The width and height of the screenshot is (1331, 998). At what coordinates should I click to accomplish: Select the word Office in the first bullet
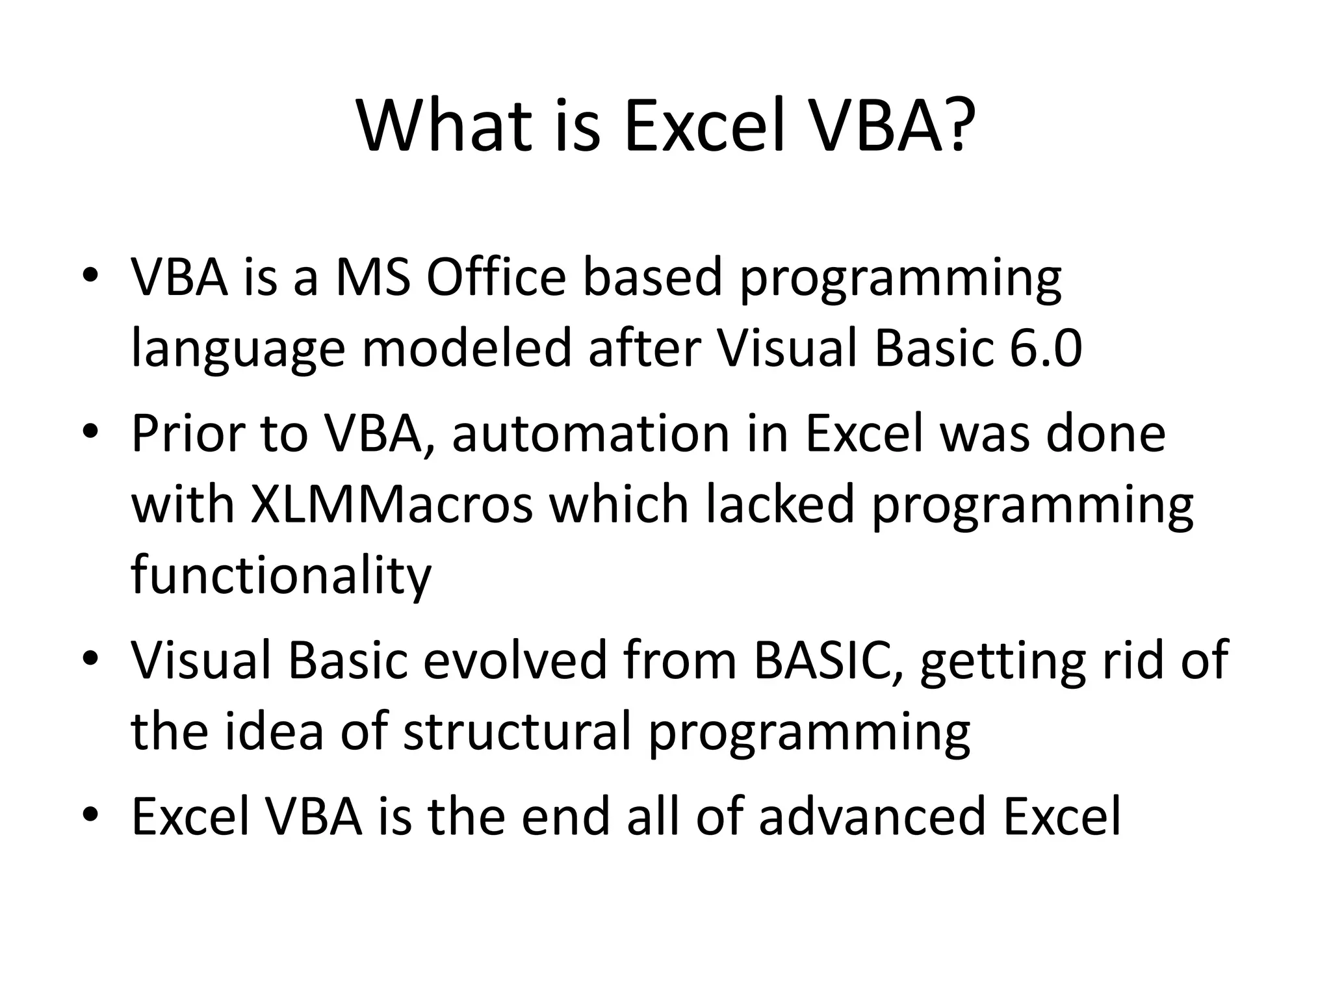point(496,277)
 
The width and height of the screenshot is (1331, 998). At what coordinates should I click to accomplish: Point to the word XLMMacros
point(391,505)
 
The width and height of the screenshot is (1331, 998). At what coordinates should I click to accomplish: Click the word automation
point(591,433)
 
